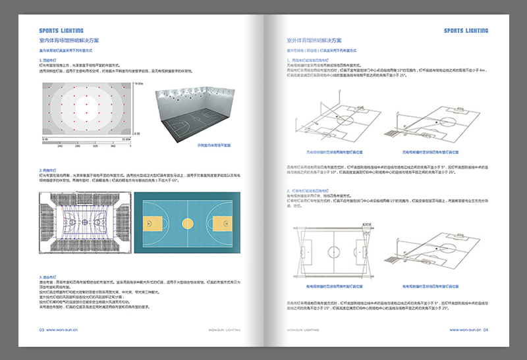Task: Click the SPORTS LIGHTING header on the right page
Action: coord(466,31)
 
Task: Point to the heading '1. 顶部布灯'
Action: coord(50,61)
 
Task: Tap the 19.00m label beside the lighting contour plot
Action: coord(138,84)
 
